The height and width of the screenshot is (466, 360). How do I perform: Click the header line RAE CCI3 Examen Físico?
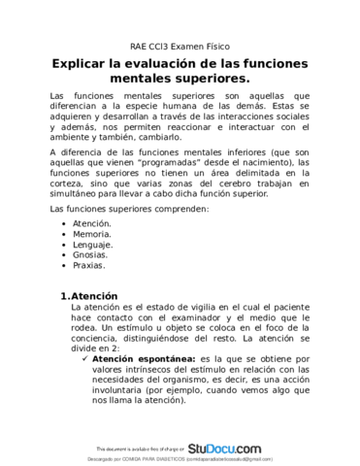(x=180, y=47)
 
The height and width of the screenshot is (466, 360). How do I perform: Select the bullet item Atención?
(x=93, y=223)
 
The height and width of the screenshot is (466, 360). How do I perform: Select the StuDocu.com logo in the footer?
(x=225, y=448)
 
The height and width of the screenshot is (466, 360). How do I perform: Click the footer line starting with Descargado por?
(x=180, y=458)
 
